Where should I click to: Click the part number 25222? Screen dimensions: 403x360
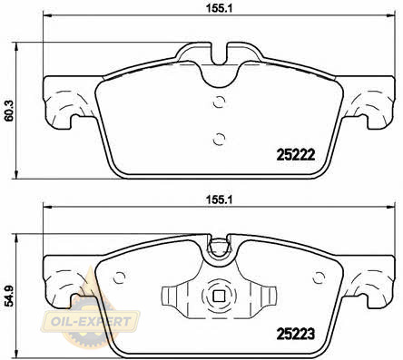[296, 155]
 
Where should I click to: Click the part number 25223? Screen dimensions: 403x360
[296, 334]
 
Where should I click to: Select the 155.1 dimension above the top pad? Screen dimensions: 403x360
[219, 8]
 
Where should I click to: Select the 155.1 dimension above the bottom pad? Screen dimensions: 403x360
[219, 199]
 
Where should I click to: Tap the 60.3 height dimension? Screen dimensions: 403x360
[8, 111]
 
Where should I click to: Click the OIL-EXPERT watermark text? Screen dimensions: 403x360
[91, 321]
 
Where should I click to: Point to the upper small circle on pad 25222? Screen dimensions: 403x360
[219, 102]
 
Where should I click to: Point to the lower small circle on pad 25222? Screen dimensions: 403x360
[219, 139]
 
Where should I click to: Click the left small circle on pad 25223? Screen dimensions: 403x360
[119, 277]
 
